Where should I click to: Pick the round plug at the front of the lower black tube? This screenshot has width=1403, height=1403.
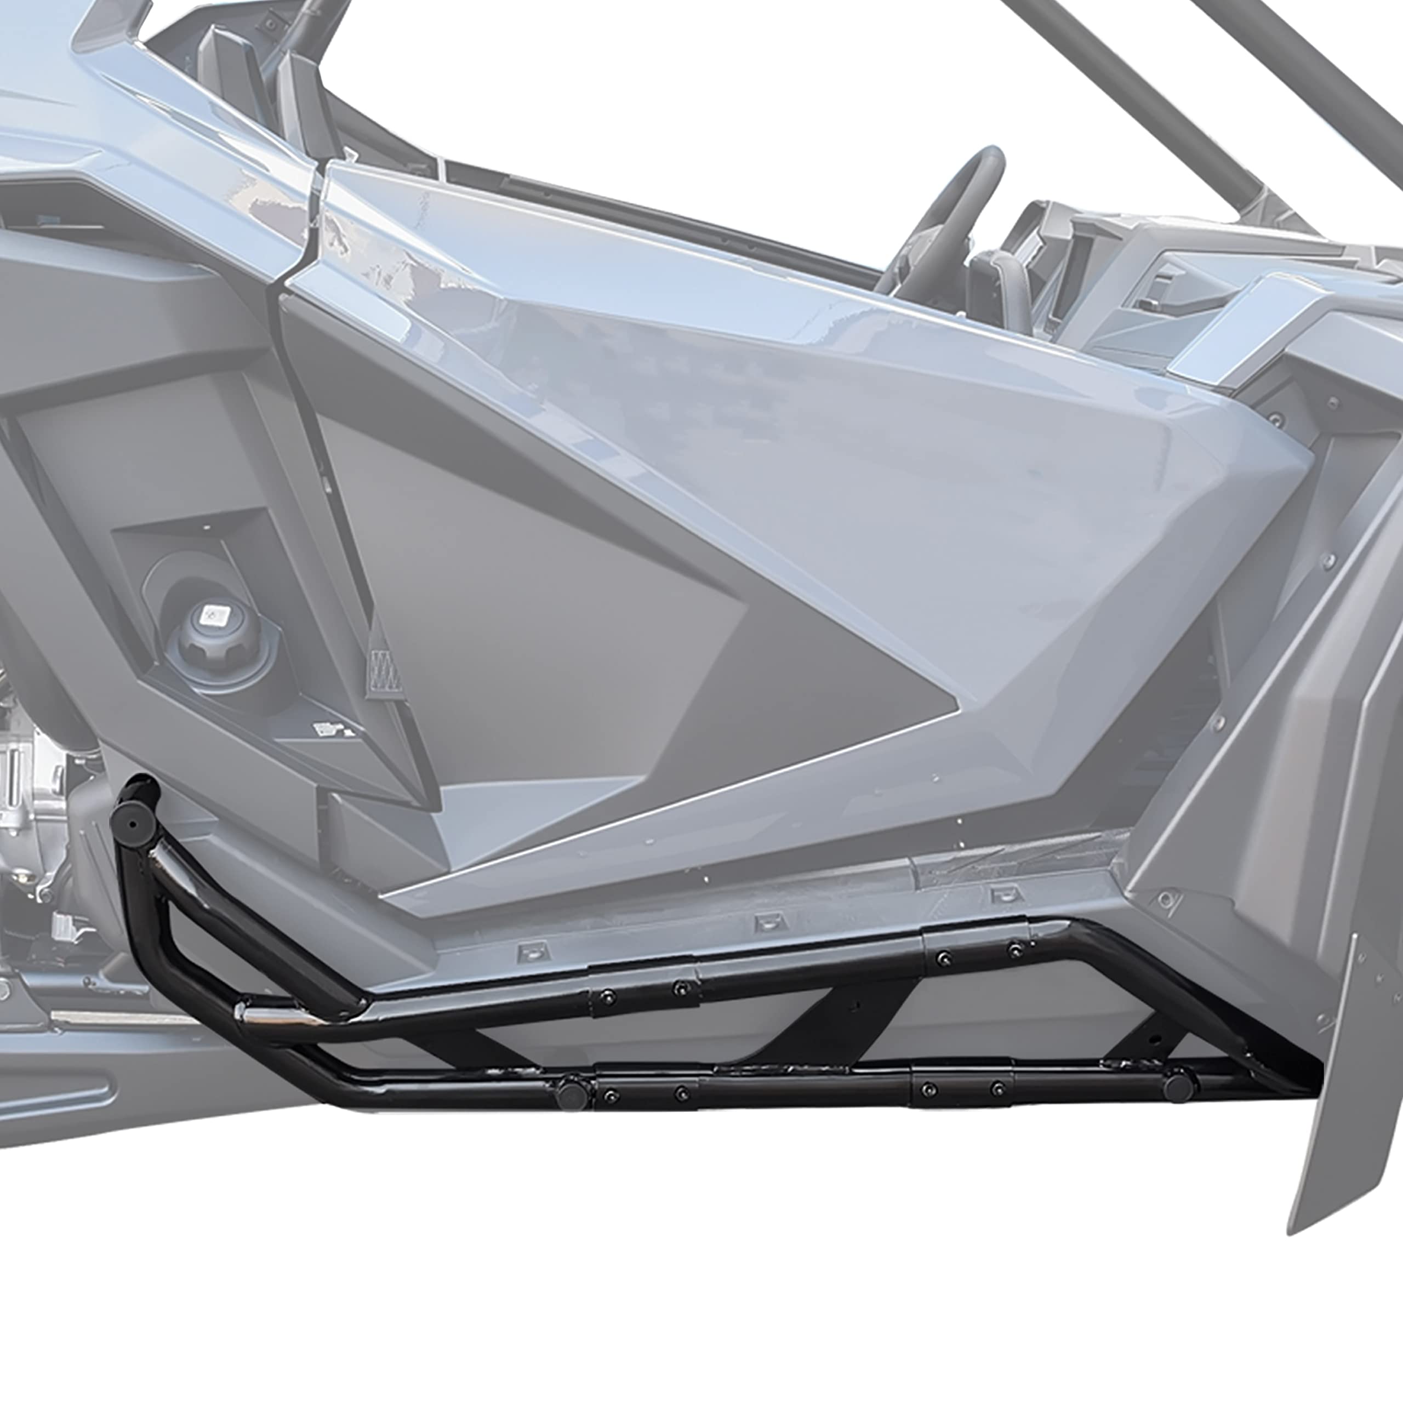(x=1178, y=1086)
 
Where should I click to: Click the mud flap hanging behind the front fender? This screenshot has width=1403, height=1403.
(x=1343, y=1090)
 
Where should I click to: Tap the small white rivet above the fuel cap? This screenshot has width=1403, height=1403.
(x=206, y=525)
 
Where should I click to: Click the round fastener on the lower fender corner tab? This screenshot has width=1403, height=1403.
(x=1166, y=900)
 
